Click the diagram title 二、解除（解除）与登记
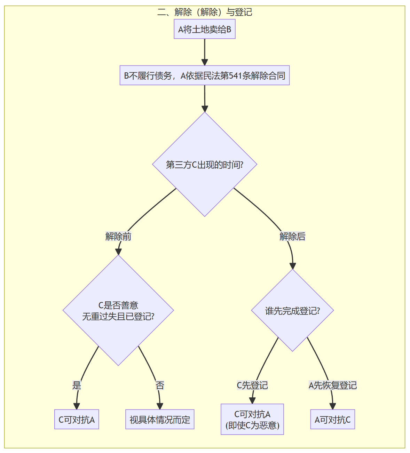(x=205, y=12)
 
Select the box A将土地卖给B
(x=205, y=29)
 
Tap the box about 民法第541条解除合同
(x=205, y=75)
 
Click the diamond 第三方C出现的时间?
(x=205, y=164)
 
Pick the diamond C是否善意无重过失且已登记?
(x=118, y=311)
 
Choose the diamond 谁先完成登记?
(x=292, y=310)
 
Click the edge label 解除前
(x=118, y=237)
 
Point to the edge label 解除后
(x=292, y=237)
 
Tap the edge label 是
(x=77, y=385)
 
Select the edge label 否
(x=160, y=385)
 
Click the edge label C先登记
(x=252, y=385)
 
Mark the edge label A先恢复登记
(x=333, y=385)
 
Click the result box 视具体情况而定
(x=160, y=420)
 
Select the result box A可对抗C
(x=333, y=420)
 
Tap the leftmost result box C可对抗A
(x=77, y=420)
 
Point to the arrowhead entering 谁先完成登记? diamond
(x=293, y=266)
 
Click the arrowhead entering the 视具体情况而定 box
(x=160, y=406)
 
